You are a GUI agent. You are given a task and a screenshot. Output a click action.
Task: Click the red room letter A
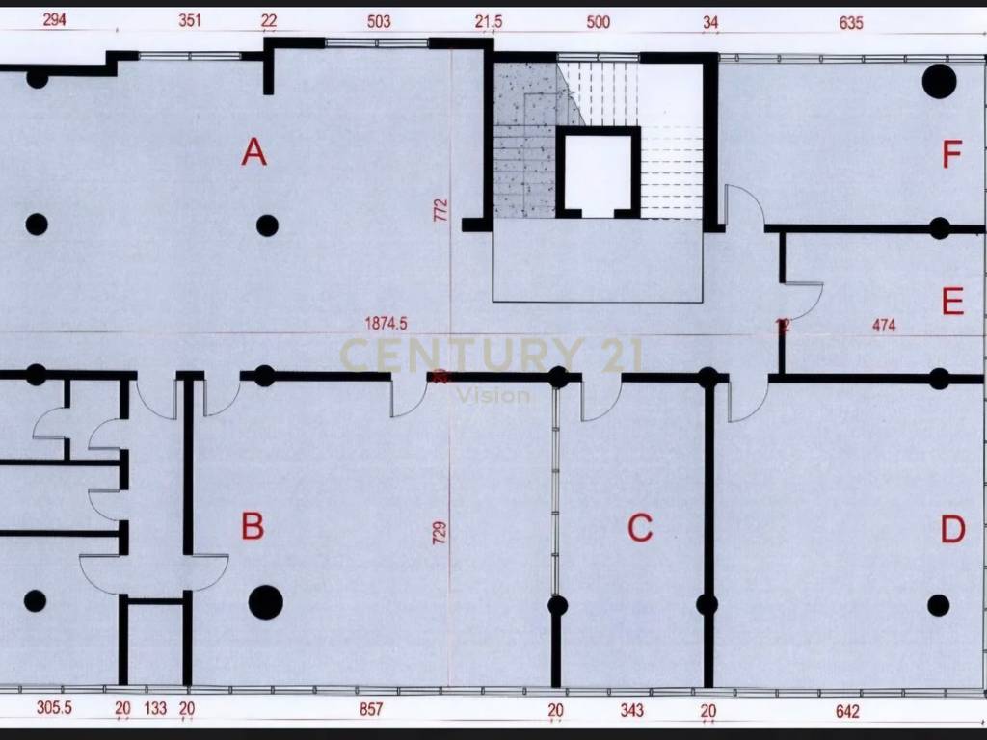point(253,152)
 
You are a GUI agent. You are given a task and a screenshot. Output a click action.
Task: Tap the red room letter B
point(253,526)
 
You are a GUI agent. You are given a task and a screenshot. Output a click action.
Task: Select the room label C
point(640,528)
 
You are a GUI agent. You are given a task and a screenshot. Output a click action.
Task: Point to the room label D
point(952,530)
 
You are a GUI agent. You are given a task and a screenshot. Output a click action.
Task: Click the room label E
point(952,304)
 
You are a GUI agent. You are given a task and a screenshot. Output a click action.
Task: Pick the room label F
point(952,154)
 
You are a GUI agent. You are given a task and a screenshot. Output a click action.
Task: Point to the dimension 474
point(884,326)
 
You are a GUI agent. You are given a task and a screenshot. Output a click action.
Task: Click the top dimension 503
point(379,21)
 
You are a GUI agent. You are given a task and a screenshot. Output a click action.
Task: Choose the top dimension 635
point(851,23)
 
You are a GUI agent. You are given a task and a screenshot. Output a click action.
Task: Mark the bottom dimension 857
point(371,710)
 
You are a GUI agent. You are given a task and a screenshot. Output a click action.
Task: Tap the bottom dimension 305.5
point(55,709)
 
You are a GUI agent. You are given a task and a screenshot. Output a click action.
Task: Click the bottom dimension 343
point(632,710)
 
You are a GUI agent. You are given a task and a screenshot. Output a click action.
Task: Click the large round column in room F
point(939,81)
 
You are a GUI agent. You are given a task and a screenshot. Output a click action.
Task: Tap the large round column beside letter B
point(266,602)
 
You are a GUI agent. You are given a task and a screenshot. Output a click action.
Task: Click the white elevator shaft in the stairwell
point(599,173)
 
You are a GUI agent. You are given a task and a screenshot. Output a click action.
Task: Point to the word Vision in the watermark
point(493,395)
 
